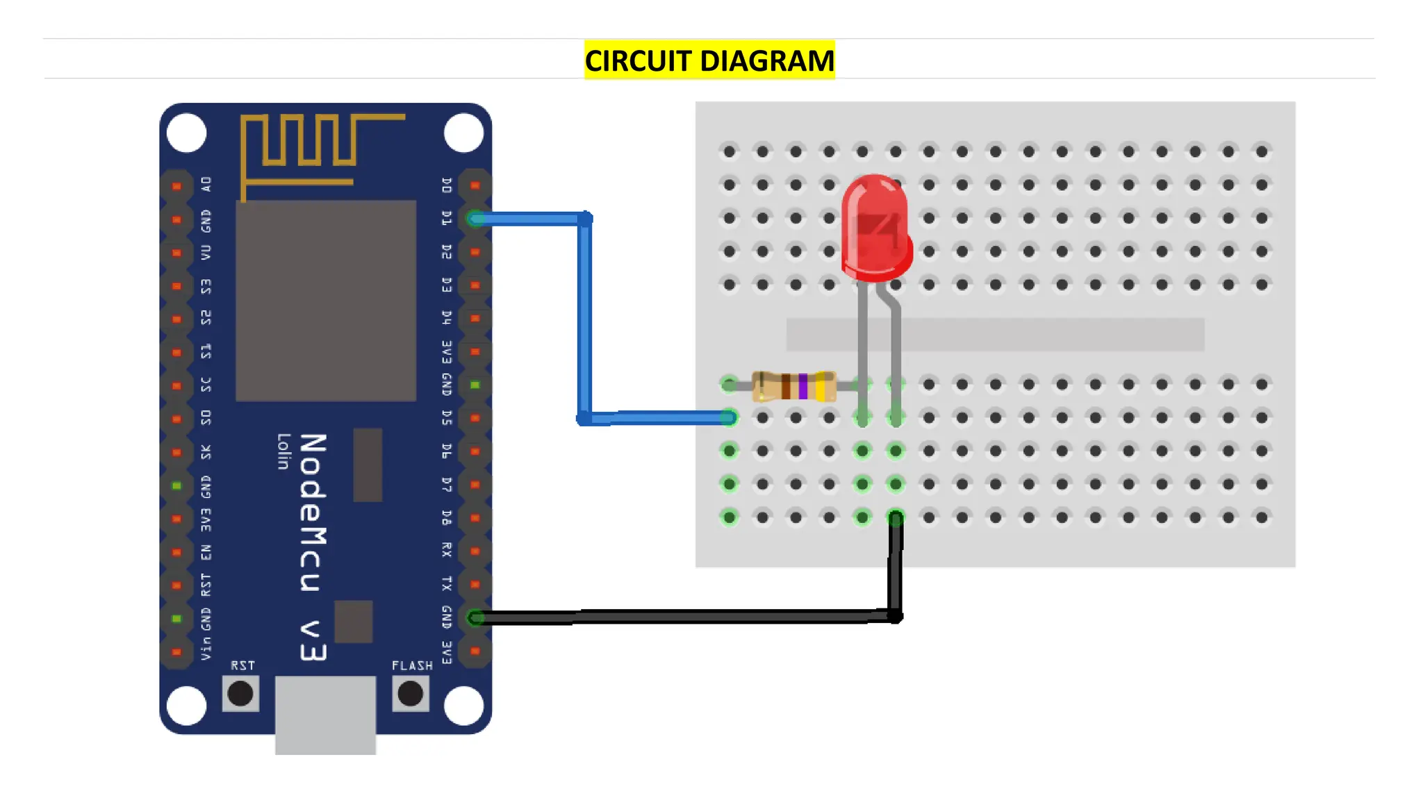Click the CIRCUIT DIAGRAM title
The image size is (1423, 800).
point(709,60)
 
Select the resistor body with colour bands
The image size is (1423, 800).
point(794,386)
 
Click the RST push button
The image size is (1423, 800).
point(240,693)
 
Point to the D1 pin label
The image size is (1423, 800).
point(447,219)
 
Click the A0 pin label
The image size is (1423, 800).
point(206,185)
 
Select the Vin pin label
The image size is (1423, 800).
point(206,649)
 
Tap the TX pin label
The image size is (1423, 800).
point(447,584)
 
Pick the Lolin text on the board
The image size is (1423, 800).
point(283,451)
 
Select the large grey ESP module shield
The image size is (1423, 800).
point(326,300)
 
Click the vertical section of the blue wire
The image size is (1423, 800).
point(584,319)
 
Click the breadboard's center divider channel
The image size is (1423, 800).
point(995,335)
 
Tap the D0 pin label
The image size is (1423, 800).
point(447,185)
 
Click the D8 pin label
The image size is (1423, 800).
point(447,517)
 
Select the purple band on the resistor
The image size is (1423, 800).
point(803,386)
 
